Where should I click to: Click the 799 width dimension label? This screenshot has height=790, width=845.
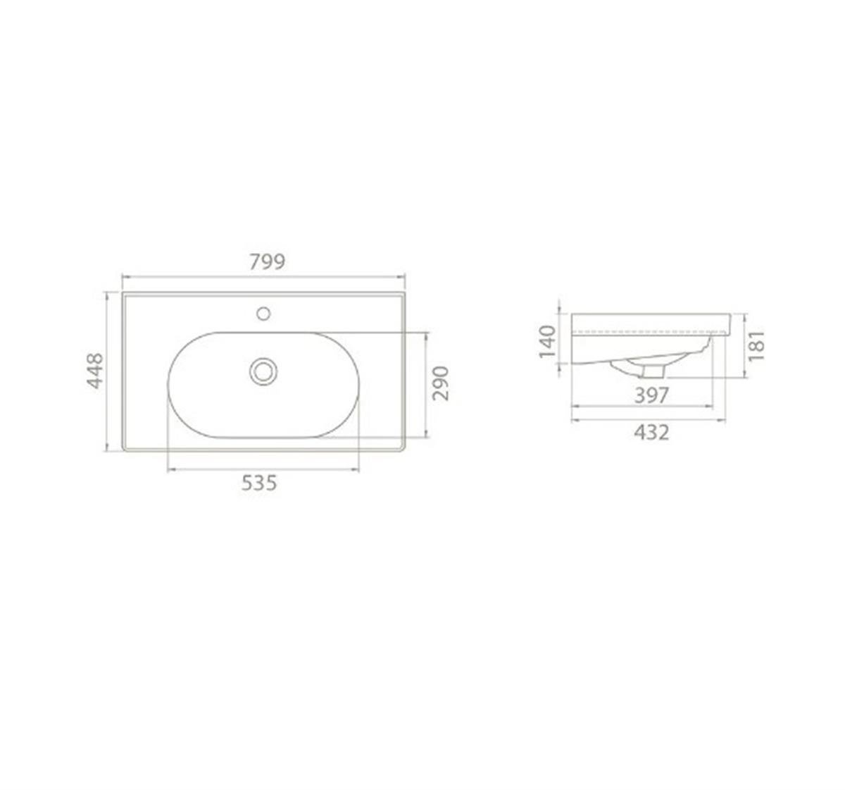pos(267,261)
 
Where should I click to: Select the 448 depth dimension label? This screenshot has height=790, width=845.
pos(95,371)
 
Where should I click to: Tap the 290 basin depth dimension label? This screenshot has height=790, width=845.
pos(441,383)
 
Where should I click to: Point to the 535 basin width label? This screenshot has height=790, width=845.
pos(259,483)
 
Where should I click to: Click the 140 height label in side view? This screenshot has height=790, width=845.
pos(548,342)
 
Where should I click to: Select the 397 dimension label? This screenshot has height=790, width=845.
pos(652,395)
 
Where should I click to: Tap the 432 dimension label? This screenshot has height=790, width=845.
pos(652,433)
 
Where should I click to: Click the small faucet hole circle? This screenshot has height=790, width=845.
pos(263,314)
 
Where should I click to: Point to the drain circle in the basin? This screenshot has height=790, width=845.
pos(263,371)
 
